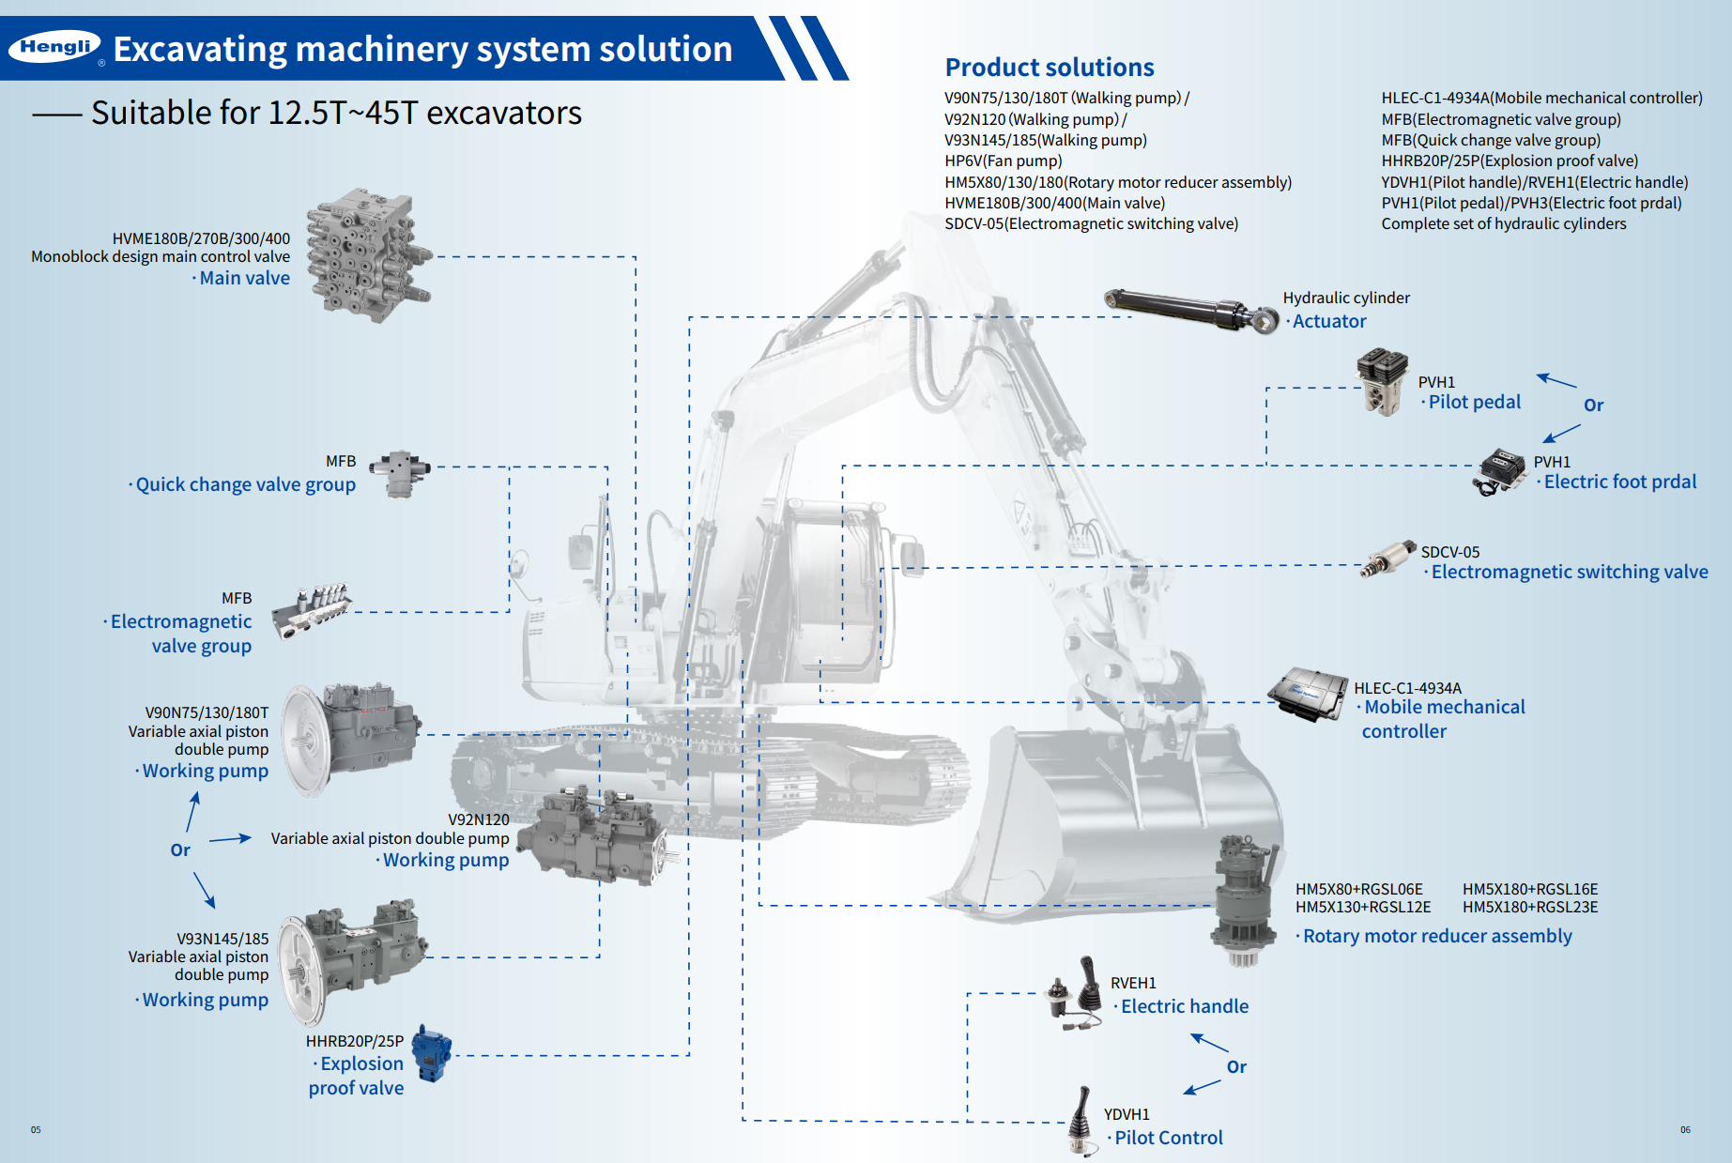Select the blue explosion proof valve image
(x=432, y=1052)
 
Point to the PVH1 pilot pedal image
(x=1382, y=380)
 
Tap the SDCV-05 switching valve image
(x=1388, y=560)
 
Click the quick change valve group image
(x=400, y=472)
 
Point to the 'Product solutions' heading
(x=1049, y=68)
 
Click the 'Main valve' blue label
(x=244, y=278)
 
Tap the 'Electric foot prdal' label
(x=1619, y=482)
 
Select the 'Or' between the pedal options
(x=1593, y=406)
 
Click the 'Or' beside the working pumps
(x=180, y=850)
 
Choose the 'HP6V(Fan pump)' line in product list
(x=1003, y=161)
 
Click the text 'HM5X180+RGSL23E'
(x=1529, y=907)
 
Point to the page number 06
(x=1685, y=1129)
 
